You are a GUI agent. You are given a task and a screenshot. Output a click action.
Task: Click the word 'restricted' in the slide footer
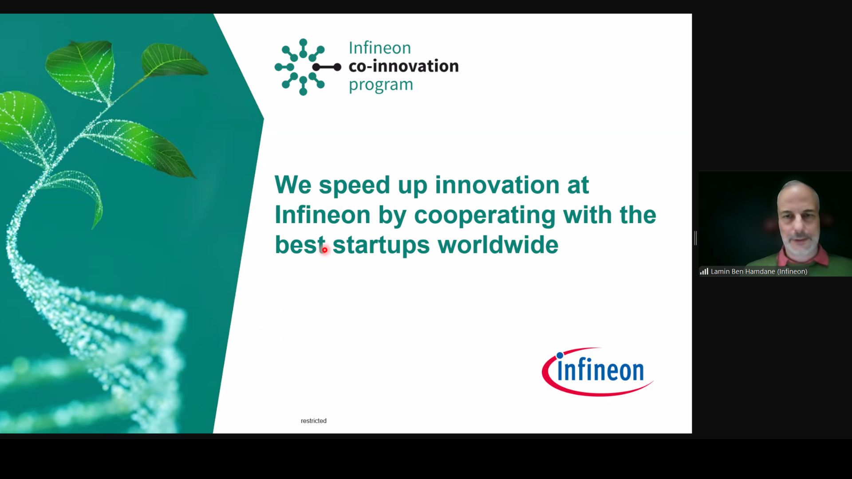point(313,420)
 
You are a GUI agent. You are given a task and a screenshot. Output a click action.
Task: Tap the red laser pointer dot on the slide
point(325,250)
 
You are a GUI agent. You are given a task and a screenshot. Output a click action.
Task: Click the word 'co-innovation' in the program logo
point(403,66)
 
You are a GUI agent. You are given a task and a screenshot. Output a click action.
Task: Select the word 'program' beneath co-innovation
point(381,85)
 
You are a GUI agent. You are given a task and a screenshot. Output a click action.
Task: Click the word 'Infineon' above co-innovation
point(380,47)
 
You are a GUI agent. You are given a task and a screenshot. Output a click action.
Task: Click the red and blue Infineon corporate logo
point(597,371)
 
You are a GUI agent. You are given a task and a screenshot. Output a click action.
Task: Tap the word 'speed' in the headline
point(354,186)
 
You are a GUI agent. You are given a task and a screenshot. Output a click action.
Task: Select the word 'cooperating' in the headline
point(485,216)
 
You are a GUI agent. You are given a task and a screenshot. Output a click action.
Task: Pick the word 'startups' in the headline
point(381,246)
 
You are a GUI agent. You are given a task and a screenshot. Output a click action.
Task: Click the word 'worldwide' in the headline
point(498,244)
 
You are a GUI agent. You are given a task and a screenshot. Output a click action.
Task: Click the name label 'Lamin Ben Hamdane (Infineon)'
point(759,271)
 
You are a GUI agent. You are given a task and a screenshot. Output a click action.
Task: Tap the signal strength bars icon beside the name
point(704,271)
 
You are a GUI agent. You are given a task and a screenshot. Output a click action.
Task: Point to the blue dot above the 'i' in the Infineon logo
point(560,355)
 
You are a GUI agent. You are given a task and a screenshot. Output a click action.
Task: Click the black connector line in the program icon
point(327,67)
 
